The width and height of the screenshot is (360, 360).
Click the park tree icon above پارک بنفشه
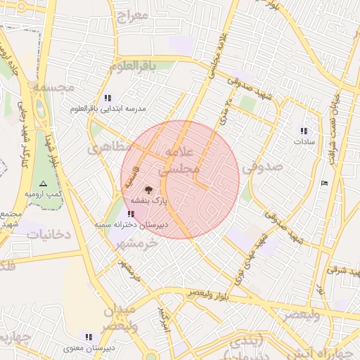pos(148,189)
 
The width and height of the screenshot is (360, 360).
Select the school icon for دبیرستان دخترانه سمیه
pos(132,213)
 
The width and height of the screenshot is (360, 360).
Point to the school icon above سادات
pos(304,131)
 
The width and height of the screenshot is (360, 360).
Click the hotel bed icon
pos(323,184)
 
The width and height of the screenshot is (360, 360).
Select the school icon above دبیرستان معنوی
pos(89,337)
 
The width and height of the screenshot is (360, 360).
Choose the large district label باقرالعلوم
pos(141,65)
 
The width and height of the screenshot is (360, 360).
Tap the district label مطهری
pos(110,148)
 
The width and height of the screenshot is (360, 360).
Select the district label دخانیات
pos(49,233)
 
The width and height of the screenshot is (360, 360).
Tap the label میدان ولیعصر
pos(122,318)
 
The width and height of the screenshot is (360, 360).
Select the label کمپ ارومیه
pos(44,193)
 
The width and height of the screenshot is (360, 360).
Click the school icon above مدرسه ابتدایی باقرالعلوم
pos(107,98)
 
